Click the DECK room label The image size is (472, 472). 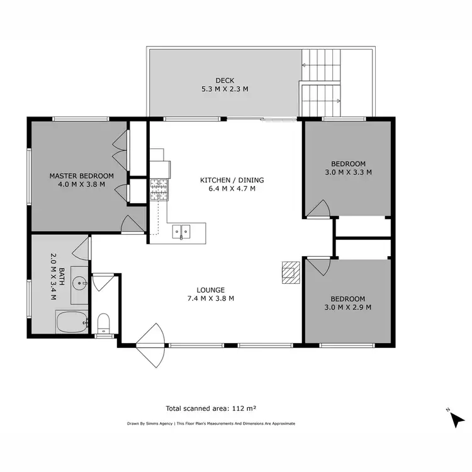click(224, 80)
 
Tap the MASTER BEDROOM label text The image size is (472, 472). click(81, 176)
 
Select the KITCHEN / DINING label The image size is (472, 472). click(232, 180)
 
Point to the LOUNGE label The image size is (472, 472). click(211, 289)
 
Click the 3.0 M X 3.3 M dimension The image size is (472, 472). click(347, 172)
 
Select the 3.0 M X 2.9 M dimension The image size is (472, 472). click(347, 308)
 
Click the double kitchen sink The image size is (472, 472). click(182, 231)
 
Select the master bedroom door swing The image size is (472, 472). click(132, 224)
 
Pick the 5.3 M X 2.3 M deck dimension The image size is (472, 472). click(224, 89)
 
